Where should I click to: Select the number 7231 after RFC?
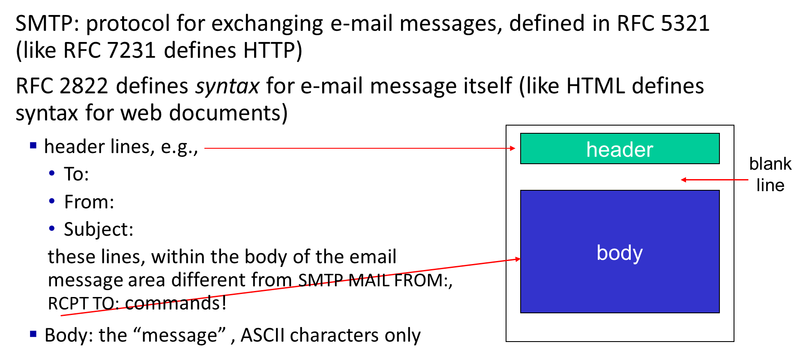(x=132, y=50)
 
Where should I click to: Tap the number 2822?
(x=84, y=86)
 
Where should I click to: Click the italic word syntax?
(x=227, y=87)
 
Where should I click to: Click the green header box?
(x=620, y=149)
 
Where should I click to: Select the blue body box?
(x=620, y=252)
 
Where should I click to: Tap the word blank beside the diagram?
(x=770, y=164)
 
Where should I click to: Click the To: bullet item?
(x=76, y=174)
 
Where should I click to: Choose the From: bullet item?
(x=89, y=202)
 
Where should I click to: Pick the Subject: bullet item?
(x=99, y=230)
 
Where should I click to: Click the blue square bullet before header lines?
(x=33, y=146)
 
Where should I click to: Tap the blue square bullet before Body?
(x=33, y=334)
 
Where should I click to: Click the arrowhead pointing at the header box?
(x=512, y=148)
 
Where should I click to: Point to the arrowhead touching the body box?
(x=518, y=259)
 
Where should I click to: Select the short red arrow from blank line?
(x=715, y=180)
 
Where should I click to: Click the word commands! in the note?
(x=176, y=303)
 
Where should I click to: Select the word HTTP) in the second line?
(x=273, y=51)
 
